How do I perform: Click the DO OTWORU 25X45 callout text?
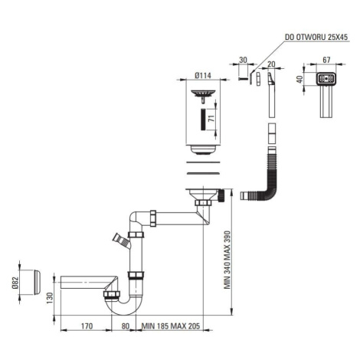pos(316,37)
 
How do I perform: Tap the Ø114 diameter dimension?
pos(203,76)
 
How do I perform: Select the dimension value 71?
pos(211,119)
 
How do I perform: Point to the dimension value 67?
pos(326,60)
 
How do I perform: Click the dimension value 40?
pos(299,79)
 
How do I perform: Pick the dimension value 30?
pos(243,60)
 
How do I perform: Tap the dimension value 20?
pos(271,64)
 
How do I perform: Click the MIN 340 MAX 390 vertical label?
pos(227,260)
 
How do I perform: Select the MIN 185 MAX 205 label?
pos(171,326)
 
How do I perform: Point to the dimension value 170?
pos(87,326)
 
